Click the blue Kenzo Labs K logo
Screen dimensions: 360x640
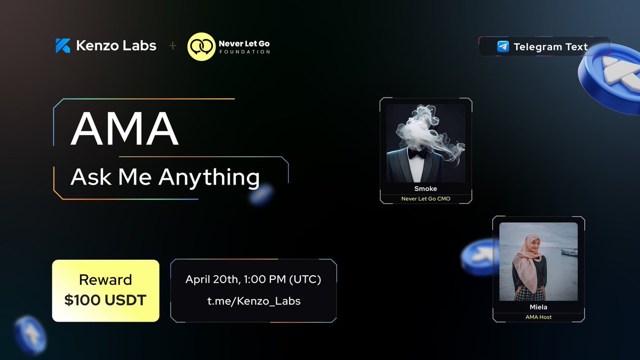click(62, 46)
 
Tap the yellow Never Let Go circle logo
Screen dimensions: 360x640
click(201, 46)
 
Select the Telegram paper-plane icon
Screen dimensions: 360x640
click(502, 46)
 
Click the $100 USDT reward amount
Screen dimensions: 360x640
click(106, 300)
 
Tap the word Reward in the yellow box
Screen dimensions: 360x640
click(106, 280)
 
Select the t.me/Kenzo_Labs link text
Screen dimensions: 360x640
click(254, 301)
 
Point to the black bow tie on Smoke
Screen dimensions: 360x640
click(418, 153)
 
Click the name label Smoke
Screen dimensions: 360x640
click(426, 189)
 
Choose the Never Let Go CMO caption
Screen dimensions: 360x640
click(426, 199)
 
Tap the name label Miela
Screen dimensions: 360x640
click(538, 307)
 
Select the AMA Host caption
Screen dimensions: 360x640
click(538, 317)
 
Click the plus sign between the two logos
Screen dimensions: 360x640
click(172, 46)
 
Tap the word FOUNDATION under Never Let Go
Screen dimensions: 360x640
click(245, 52)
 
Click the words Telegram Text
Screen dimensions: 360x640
click(550, 46)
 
